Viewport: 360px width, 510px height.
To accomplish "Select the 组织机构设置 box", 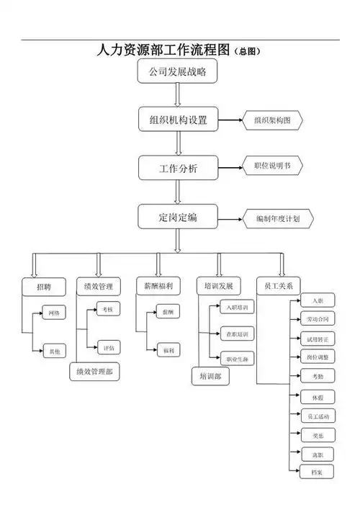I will (178, 120).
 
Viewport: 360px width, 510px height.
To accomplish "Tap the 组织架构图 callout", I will (272, 120).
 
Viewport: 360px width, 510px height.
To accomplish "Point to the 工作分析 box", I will (178, 169).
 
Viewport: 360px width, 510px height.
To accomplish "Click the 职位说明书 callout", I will (272, 166).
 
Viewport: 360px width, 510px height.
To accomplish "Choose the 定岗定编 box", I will (178, 217).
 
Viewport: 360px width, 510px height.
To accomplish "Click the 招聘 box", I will (44, 287).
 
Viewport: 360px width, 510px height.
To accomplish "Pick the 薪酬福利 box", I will (158, 287).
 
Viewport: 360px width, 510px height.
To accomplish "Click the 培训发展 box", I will (219, 287).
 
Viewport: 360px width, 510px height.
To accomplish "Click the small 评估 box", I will (107, 348).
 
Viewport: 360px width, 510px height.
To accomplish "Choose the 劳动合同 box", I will (318, 318).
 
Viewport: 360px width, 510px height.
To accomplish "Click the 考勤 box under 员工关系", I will (318, 376).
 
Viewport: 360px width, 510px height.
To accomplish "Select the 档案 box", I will (318, 473).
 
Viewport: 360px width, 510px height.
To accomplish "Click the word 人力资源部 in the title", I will (129, 50).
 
